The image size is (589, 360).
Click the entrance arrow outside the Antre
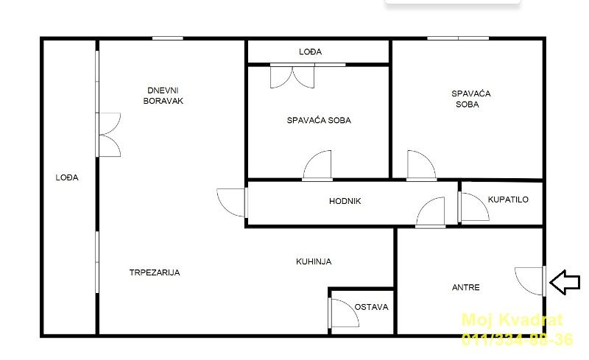pos(565,282)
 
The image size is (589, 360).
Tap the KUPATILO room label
pos(508,200)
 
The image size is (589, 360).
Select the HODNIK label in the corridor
pos(345,201)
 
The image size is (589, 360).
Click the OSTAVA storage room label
pos(371,307)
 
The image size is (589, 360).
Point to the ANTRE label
pos(466,287)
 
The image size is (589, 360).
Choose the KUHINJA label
pos(314,261)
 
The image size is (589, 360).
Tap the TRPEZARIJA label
pos(155,272)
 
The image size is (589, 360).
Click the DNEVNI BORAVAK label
pos(163,96)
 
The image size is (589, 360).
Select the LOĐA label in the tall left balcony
pos(67,177)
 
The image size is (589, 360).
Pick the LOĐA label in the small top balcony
pos(310,52)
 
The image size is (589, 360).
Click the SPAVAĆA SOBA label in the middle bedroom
pos(319,120)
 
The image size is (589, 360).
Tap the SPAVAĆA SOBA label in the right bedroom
pos(470,99)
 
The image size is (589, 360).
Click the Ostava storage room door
pos(344,313)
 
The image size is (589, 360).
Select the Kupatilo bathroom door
pos(473,207)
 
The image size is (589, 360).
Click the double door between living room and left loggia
pos(108,135)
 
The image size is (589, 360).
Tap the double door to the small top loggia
pos(292,77)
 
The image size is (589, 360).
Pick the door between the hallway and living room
pos(232,203)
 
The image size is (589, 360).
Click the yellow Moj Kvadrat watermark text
pos(512,320)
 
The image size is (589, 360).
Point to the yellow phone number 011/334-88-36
pos(518,339)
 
